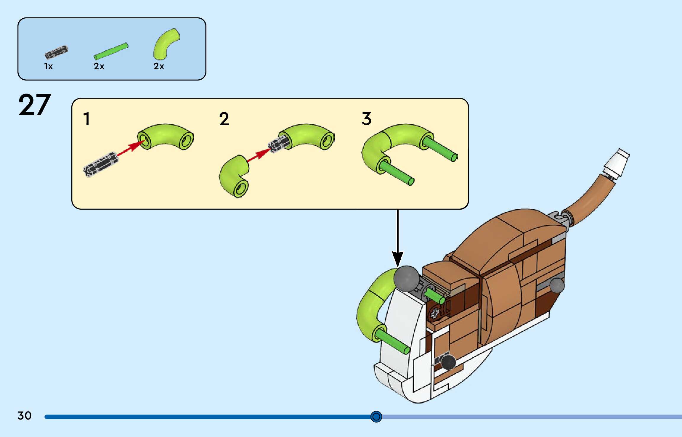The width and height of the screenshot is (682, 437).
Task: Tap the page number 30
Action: click(x=24, y=415)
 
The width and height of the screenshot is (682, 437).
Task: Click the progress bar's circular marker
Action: click(x=376, y=417)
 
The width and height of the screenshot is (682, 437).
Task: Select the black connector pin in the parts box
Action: click(x=56, y=52)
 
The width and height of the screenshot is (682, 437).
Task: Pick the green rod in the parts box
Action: click(x=111, y=51)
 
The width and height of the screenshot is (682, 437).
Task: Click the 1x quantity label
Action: click(x=48, y=66)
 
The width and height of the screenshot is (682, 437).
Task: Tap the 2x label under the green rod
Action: click(x=99, y=66)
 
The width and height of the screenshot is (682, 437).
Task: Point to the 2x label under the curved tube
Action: click(x=159, y=66)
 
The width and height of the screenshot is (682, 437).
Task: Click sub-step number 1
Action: click(x=86, y=119)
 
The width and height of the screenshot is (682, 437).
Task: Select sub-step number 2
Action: click(x=224, y=119)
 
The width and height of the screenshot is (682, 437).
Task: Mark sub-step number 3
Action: click(x=366, y=119)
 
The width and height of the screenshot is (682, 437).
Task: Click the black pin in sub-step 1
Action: click(x=101, y=164)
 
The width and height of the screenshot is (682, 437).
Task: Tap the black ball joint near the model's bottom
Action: click(x=448, y=362)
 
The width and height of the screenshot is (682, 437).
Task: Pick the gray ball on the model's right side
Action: click(x=557, y=285)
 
